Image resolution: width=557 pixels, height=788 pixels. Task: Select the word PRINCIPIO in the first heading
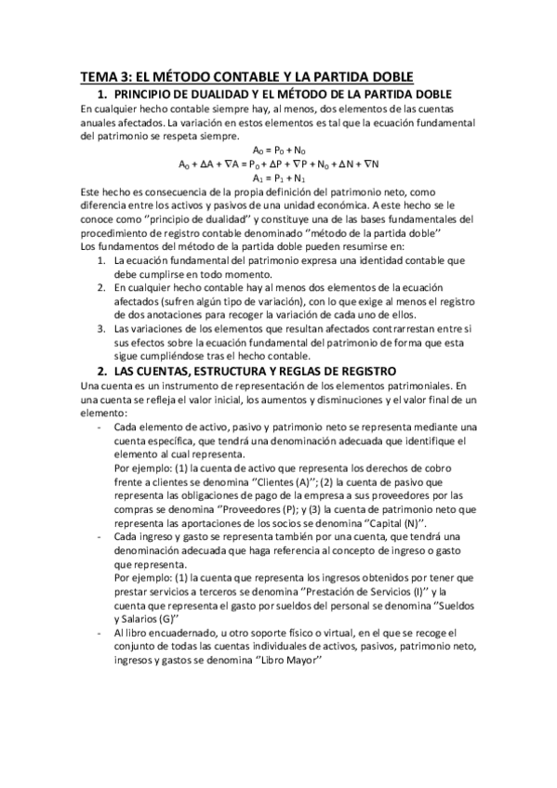(x=152, y=95)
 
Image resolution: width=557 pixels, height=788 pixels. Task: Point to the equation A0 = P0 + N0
(x=279, y=150)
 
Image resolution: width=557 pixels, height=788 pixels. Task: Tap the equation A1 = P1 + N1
(x=279, y=177)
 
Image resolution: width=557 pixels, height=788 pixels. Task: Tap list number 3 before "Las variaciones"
(x=101, y=329)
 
